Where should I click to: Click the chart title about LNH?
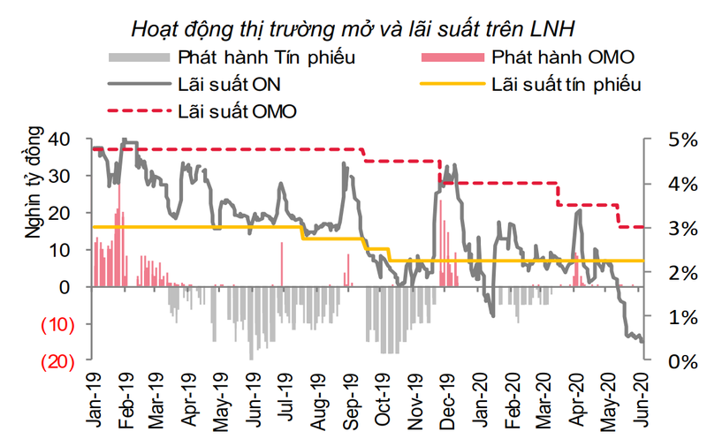tap(353, 28)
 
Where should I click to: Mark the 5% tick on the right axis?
tap(662, 140)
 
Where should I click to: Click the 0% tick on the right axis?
tap(662, 361)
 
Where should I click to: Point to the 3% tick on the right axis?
tap(662, 228)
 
